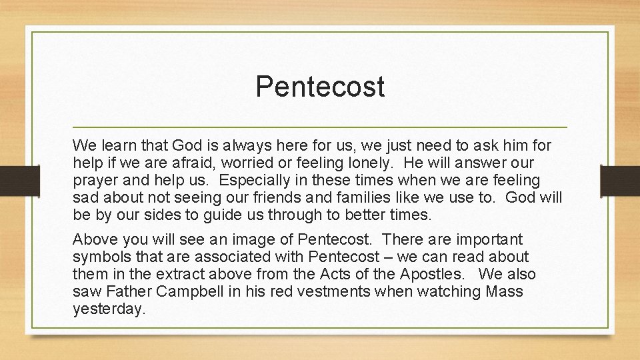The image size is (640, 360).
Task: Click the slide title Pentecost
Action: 320,87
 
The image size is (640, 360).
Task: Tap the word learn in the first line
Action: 118,145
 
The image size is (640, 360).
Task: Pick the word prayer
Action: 95,181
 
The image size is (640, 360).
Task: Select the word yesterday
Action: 109,309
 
